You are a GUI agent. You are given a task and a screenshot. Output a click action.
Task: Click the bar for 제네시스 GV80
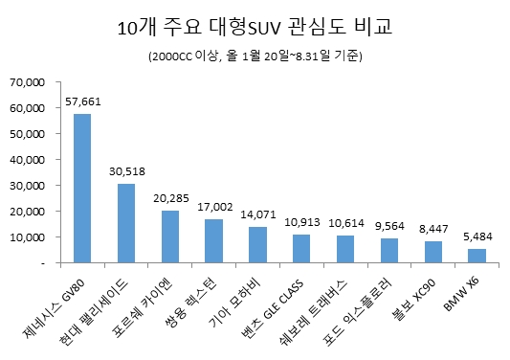pos(82,188)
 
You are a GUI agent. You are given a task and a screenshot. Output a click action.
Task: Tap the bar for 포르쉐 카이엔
pos(169,236)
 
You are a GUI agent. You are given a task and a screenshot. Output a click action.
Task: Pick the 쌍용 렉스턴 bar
pos(213,240)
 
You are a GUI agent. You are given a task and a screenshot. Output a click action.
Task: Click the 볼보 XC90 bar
pos(432,252)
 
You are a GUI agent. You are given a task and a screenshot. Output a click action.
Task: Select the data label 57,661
pos(82,100)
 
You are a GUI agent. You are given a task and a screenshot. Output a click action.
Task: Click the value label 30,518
pos(126,169)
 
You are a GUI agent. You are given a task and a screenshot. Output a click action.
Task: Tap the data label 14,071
pos(256,214)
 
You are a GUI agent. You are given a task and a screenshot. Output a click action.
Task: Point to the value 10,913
pos(300,222)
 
